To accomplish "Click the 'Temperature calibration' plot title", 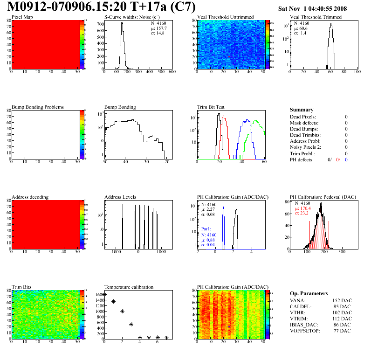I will [129, 287].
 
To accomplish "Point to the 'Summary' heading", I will [302, 110].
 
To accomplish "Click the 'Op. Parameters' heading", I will [309, 293].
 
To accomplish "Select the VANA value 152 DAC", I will [342, 301].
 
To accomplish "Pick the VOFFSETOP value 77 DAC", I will [343, 331].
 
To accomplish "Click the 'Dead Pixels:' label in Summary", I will [302, 117].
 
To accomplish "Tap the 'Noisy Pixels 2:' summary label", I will [306, 147].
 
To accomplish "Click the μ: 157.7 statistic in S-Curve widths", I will [158, 28].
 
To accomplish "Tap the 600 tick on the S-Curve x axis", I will [172, 72].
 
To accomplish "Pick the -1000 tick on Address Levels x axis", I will [114, 252].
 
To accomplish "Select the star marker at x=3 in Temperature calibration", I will [131, 325].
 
